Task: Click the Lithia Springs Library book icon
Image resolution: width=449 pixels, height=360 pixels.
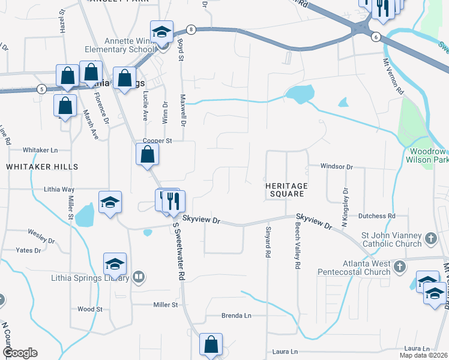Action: [139, 277]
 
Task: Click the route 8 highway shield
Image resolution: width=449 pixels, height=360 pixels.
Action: [191, 29]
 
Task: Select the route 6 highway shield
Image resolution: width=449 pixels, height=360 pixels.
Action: [376, 37]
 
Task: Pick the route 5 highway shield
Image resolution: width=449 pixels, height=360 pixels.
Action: [41, 89]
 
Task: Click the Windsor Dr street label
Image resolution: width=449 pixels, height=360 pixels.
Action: [337, 166]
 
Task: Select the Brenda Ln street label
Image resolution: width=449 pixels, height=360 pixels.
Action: [236, 315]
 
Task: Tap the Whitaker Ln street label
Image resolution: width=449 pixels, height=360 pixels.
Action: [40, 149]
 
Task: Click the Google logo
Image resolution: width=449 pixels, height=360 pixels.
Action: [20, 353]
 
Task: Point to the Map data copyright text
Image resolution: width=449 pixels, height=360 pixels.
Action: [423, 355]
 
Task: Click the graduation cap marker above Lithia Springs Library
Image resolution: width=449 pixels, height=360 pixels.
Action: [115, 263]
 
